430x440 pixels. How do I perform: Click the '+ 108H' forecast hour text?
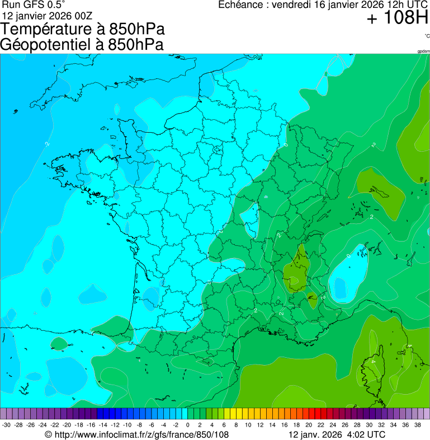[397, 18]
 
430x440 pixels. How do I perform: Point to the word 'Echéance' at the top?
[239, 5]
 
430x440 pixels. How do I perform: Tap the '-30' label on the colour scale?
[6, 425]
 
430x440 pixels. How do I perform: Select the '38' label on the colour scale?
[418, 425]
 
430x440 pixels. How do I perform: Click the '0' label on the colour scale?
[188, 425]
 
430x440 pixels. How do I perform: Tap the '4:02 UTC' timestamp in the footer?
[366, 434]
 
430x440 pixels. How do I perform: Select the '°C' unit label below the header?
[427, 36]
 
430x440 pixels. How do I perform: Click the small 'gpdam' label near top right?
[423, 52]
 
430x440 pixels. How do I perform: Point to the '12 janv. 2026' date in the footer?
[314, 434]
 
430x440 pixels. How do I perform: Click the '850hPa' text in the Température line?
[137, 29]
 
